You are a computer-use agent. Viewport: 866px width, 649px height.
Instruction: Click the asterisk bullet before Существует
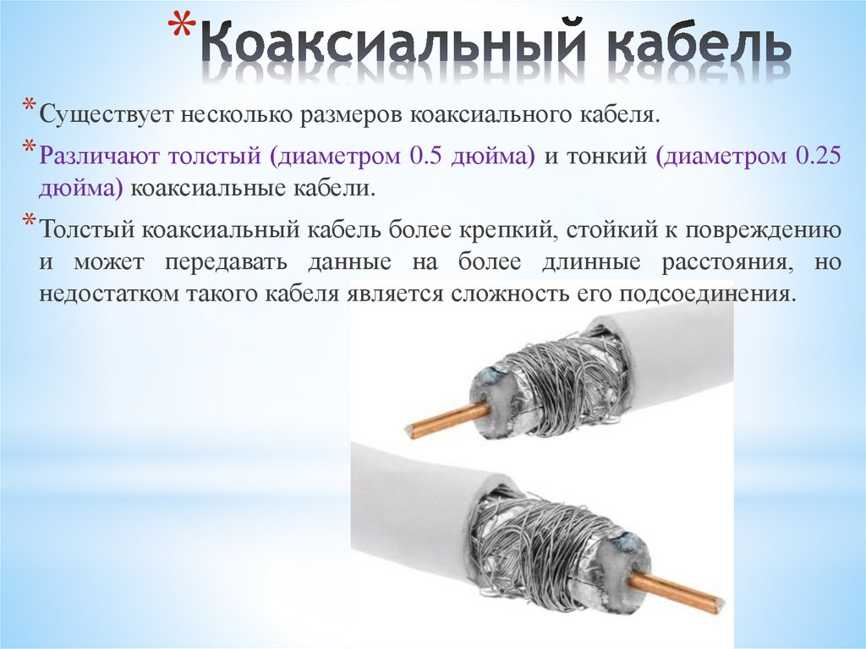point(29,107)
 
